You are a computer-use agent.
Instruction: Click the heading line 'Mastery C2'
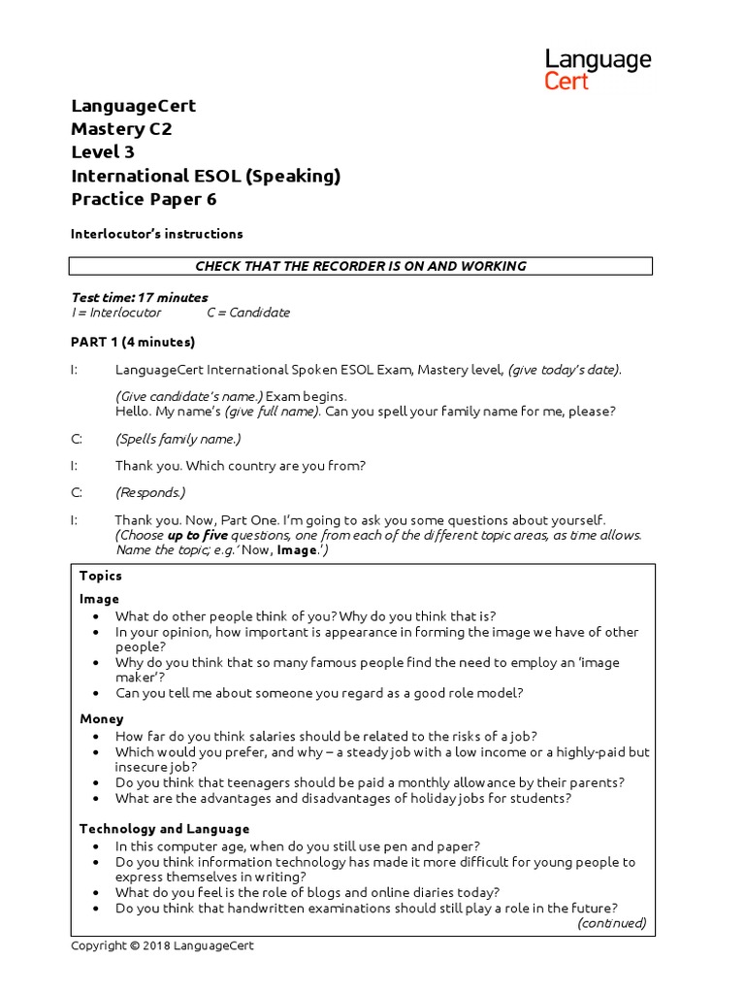tap(121, 129)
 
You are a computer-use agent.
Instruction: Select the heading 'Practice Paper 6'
tap(144, 199)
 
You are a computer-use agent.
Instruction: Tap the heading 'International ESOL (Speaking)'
tap(206, 176)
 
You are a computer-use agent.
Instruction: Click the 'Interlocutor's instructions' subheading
tap(156, 234)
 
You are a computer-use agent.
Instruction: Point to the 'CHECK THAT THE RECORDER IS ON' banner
tap(361, 266)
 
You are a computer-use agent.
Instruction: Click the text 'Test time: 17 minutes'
tap(140, 297)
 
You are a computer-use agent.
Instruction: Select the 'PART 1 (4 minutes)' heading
tap(133, 342)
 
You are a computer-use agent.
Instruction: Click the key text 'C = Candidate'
tap(248, 313)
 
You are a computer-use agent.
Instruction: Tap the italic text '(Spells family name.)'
tap(178, 439)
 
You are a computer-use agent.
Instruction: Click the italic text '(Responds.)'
tap(149, 492)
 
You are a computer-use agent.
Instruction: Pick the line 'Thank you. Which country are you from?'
tap(240, 465)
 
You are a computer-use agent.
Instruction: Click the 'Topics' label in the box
tap(101, 576)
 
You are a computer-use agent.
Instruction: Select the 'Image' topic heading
tap(99, 599)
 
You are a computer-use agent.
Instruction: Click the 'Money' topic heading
tap(101, 719)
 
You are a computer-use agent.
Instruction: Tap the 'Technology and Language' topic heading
tap(164, 829)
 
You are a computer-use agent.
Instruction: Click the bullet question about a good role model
tap(319, 693)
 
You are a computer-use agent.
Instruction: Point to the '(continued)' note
tap(611, 923)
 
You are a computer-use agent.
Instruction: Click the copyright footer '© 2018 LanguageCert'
tap(162, 946)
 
